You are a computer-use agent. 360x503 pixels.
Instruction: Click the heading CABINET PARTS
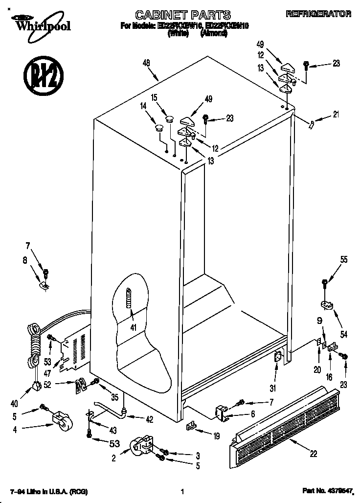point(182,15)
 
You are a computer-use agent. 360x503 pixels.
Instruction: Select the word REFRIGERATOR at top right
point(318,14)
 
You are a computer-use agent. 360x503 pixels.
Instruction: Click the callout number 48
point(146,63)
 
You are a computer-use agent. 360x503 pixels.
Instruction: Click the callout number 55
point(344,260)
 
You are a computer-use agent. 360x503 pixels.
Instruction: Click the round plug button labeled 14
point(159,128)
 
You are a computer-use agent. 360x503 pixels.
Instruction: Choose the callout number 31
point(273,389)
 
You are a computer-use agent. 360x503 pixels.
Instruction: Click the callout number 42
point(149,419)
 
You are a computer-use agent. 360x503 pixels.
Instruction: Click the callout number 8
point(25,261)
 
